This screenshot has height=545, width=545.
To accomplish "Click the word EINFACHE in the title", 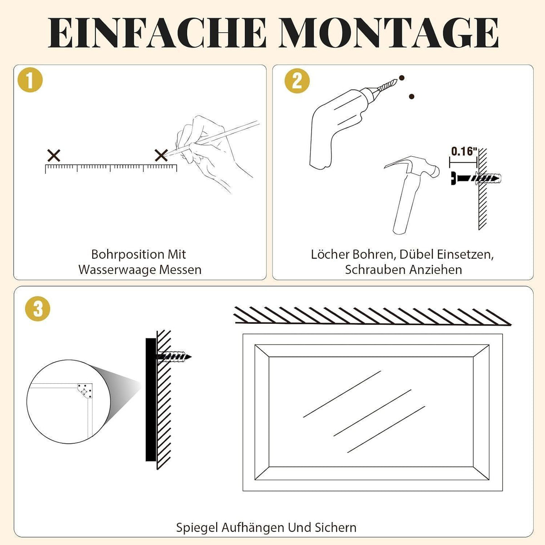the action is pyautogui.click(x=157, y=33).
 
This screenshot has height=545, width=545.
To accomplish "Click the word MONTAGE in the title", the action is pyautogui.click(x=389, y=33).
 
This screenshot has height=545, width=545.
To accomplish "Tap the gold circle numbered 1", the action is pyautogui.click(x=30, y=80).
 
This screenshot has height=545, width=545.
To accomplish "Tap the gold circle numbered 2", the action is pyautogui.click(x=297, y=81).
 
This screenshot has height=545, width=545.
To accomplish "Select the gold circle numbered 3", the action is pyautogui.click(x=38, y=308).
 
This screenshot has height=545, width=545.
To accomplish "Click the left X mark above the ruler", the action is pyautogui.click(x=54, y=156).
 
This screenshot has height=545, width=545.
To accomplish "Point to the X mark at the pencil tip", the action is pyautogui.click(x=161, y=156).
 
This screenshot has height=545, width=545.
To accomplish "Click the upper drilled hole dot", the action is pyautogui.click(x=401, y=78).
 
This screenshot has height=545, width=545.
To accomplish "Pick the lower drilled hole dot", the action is pyautogui.click(x=411, y=96).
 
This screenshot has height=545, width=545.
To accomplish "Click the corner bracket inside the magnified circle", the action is pyautogui.click(x=85, y=391).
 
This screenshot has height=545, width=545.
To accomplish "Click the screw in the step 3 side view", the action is pyautogui.click(x=173, y=357).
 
